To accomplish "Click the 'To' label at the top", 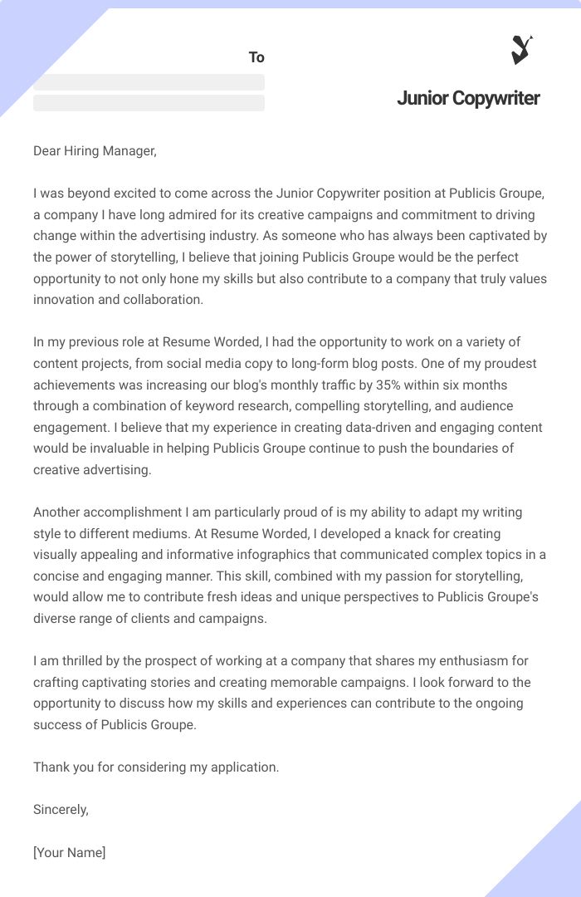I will click(x=256, y=57).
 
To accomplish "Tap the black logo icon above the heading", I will click(x=521, y=50).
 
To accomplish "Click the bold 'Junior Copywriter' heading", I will click(x=468, y=98).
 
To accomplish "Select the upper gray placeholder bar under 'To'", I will click(x=149, y=82).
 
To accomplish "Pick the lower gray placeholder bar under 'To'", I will click(x=149, y=103).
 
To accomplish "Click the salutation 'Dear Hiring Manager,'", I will click(x=95, y=150).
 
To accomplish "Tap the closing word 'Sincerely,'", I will click(x=61, y=809).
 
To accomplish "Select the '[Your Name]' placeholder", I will click(x=69, y=852).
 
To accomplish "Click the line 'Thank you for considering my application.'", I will click(x=156, y=767).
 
